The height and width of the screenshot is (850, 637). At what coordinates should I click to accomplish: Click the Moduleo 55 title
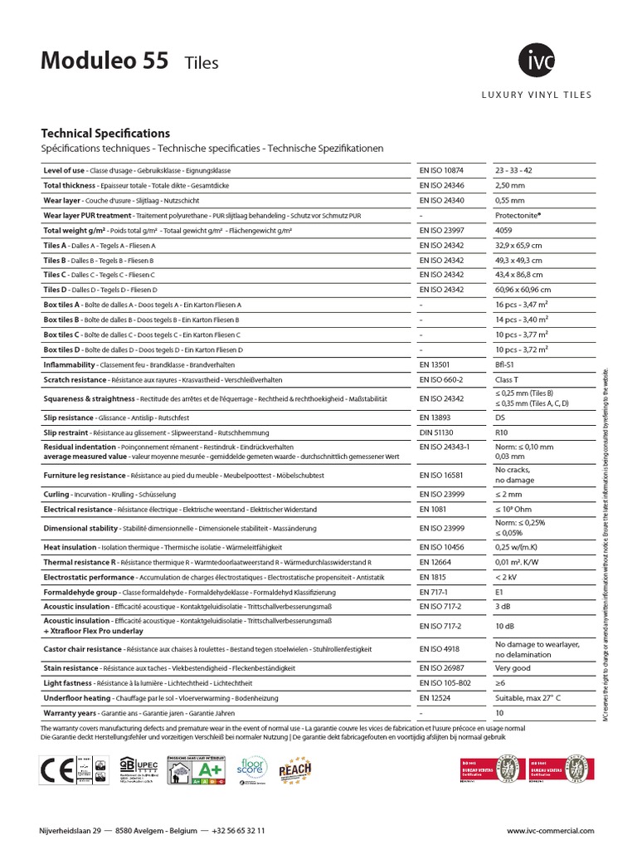point(105,61)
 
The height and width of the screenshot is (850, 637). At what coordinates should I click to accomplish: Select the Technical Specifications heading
point(105,133)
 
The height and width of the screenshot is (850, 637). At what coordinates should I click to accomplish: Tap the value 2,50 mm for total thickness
point(510,185)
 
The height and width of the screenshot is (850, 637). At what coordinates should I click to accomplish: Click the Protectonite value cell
point(518,215)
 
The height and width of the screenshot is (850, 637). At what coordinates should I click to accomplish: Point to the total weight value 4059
point(503,230)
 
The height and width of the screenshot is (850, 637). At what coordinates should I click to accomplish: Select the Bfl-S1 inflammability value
point(506,364)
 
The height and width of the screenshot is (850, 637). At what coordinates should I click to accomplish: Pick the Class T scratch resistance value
point(508,379)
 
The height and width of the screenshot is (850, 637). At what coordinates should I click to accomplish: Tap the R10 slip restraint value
point(501,432)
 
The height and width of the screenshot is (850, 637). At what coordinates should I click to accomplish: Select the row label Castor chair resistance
point(82,649)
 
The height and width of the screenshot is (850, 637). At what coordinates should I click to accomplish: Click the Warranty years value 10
point(499,713)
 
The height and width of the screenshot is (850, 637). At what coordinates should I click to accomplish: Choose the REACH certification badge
point(294,770)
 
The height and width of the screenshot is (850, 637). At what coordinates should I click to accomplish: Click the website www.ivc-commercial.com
point(551,831)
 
